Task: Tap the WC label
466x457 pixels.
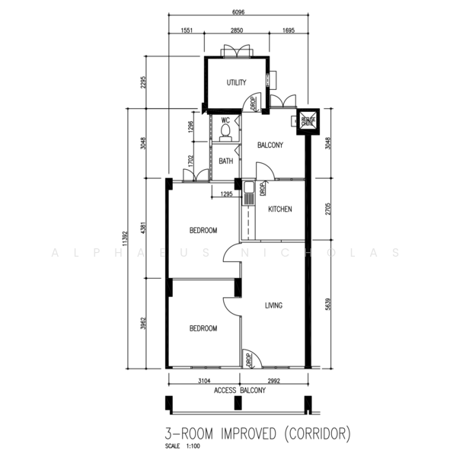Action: coord(225,120)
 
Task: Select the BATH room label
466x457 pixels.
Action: coord(225,161)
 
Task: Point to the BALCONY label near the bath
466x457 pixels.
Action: coord(270,145)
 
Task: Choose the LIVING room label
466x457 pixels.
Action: coord(273,305)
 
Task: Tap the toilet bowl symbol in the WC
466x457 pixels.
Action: coord(225,132)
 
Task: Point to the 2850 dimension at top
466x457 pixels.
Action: coord(237,30)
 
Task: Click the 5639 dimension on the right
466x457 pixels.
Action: coord(327,303)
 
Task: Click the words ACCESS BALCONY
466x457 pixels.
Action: coord(240,391)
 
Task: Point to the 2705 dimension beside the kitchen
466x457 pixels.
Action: coord(327,209)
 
